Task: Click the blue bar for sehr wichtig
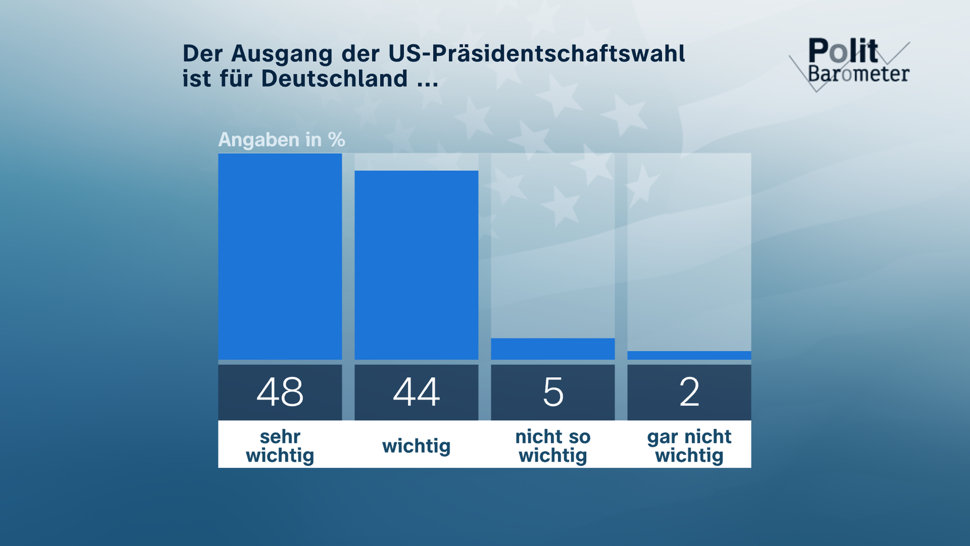point(280,257)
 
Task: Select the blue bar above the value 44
point(416,265)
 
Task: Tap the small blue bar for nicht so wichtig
point(553,349)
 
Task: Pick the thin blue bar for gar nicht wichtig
point(689,355)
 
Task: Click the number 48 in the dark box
point(280,392)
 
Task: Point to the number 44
point(416,392)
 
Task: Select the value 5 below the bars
point(553,392)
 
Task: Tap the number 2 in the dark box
point(689,392)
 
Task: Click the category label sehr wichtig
point(280,446)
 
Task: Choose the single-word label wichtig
point(416,446)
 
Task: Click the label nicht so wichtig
point(553,446)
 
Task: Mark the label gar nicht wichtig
point(689,446)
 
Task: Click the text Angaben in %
point(281,140)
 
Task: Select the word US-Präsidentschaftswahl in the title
point(537,54)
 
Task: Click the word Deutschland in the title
point(334,79)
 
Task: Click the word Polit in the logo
point(843,51)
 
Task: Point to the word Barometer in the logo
point(858,74)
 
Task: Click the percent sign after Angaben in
point(336,140)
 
